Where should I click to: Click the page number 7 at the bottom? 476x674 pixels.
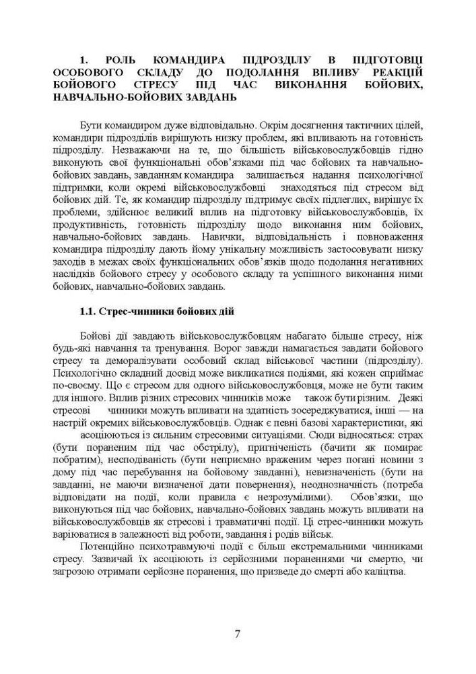click(x=238, y=633)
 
